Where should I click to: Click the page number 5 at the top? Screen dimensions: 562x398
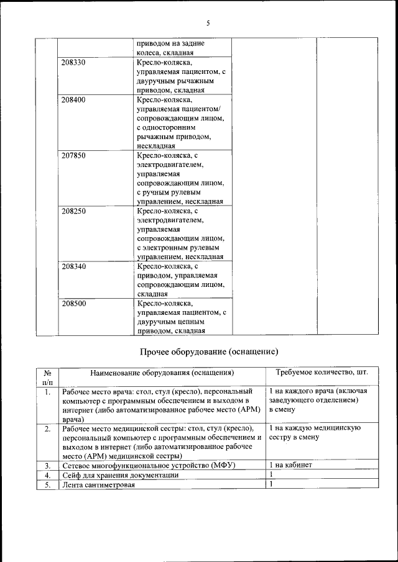pos(208,23)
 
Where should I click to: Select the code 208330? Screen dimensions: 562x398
pos(74,63)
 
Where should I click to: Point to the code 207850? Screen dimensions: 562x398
pos(74,156)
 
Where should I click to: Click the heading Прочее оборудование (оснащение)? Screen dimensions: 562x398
pos(208,352)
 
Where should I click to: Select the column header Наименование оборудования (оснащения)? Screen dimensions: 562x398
pos(162,373)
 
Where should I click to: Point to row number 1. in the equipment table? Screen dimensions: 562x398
pos(48,392)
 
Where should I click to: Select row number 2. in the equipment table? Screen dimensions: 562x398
pos(48,429)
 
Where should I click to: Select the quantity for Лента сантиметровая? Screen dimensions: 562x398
pos(271,484)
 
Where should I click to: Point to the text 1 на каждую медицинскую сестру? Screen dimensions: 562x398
pos(315,433)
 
